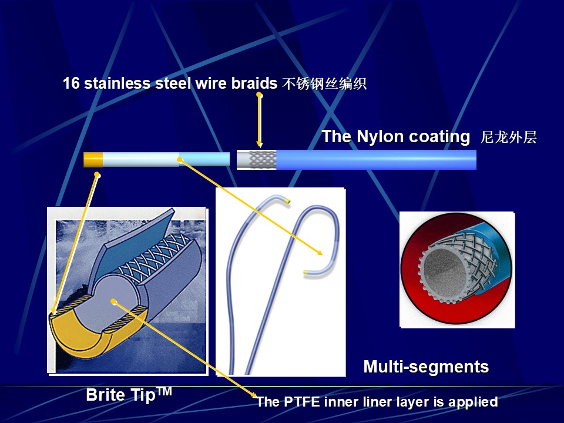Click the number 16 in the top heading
point(71,83)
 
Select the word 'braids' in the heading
point(254,83)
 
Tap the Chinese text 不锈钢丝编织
point(324,83)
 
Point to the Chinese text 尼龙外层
point(508,137)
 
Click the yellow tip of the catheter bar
point(93,160)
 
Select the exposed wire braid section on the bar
point(263,160)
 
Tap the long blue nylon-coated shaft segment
point(376,160)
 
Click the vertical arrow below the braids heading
point(259,121)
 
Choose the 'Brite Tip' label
point(129,395)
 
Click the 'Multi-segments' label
point(427,367)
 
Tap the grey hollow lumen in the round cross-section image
point(442,268)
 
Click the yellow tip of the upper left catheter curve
point(287,202)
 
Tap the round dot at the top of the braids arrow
point(259,95)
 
